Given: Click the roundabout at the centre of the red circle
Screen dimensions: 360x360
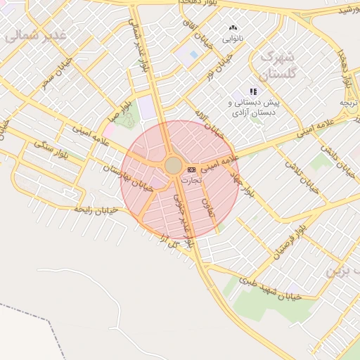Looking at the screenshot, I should [x=173, y=166].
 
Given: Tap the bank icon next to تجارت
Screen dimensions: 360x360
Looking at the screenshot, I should [x=192, y=170].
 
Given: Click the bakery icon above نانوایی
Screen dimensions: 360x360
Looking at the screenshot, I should [x=233, y=28].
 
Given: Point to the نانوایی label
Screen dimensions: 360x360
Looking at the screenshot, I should [x=233, y=39].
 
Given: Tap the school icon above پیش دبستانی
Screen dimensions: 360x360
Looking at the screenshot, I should [x=253, y=91].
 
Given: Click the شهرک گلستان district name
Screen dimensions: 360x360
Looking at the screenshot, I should [x=278, y=64].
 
